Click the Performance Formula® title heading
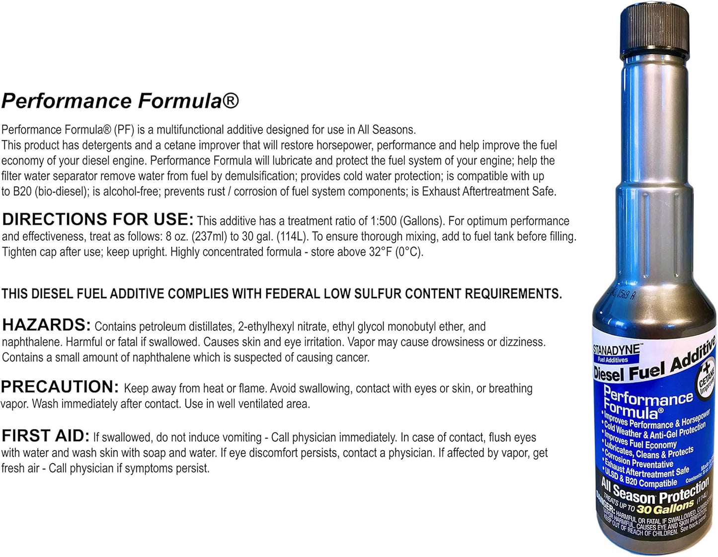click(x=120, y=100)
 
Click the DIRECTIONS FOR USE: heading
click(x=98, y=219)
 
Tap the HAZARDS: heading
click(x=47, y=325)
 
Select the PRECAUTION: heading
click(x=60, y=387)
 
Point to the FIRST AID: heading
click(x=45, y=436)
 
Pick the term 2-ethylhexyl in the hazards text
click(x=266, y=327)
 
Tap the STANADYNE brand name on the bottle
click(x=616, y=350)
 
